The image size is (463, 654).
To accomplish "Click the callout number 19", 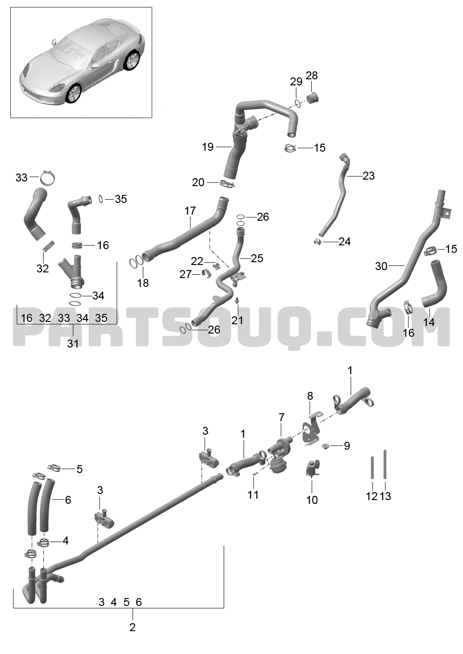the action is click(208, 147).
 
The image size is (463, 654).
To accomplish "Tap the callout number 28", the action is click(312, 76).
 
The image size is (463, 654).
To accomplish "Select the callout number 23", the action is click(368, 176).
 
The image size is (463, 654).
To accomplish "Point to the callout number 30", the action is click(381, 266).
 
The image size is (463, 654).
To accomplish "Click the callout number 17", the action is click(190, 210).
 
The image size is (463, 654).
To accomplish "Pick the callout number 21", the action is click(237, 320).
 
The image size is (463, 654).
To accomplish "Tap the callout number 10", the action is click(312, 500).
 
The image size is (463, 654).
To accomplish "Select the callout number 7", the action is click(281, 417).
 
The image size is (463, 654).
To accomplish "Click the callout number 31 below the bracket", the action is click(73, 344).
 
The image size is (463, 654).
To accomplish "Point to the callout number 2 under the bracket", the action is click(133, 627).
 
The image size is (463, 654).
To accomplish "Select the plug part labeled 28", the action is click(312, 98).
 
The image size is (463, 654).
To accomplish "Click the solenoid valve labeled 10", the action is click(312, 468).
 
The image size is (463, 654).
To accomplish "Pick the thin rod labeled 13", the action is click(385, 464).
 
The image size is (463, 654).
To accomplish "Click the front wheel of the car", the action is click(72, 94).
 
